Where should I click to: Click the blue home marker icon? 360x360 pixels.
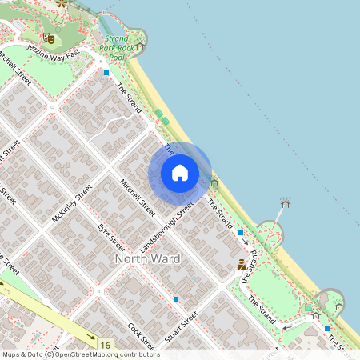click(x=180, y=172)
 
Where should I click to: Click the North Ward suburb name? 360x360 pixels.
click(x=148, y=259)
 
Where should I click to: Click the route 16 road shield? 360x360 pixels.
click(x=106, y=344)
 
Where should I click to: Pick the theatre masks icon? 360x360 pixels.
click(x=49, y=37)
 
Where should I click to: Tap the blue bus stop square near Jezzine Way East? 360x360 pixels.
click(x=106, y=73)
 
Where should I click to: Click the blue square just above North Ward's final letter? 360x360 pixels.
click(x=175, y=299)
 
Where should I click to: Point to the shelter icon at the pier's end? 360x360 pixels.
click(x=285, y=202)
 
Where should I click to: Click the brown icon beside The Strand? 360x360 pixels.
click(x=241, y=265)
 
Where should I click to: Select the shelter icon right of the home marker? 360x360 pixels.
click(x=214, y=182)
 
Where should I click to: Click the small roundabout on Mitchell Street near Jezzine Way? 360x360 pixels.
click(x=52, y=106)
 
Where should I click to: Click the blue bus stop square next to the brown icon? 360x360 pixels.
click(x=241, y=233)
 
